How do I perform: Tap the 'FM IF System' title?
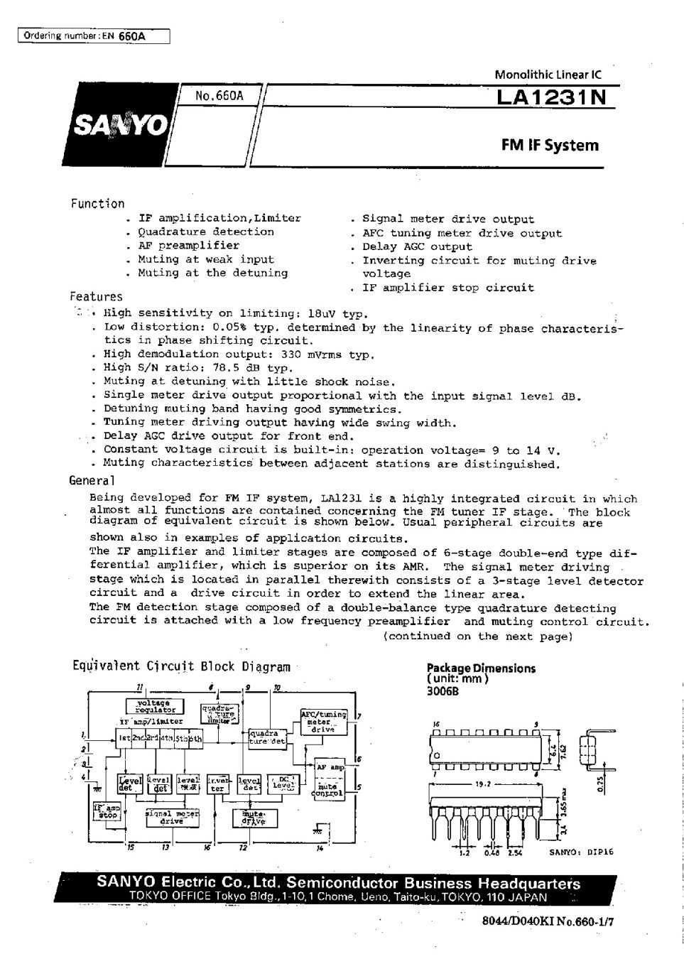tap(550, 146)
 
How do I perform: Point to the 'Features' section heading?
tap(96, 297)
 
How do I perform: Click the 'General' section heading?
tap(92, 480)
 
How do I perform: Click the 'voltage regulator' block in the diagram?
tap(155, 706)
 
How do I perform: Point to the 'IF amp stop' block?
tap(106, 811)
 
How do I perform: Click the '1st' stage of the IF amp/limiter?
tap(125, 739)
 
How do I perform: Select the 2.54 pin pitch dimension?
tap(514, 853)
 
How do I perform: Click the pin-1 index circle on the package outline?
tap(437, 754)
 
